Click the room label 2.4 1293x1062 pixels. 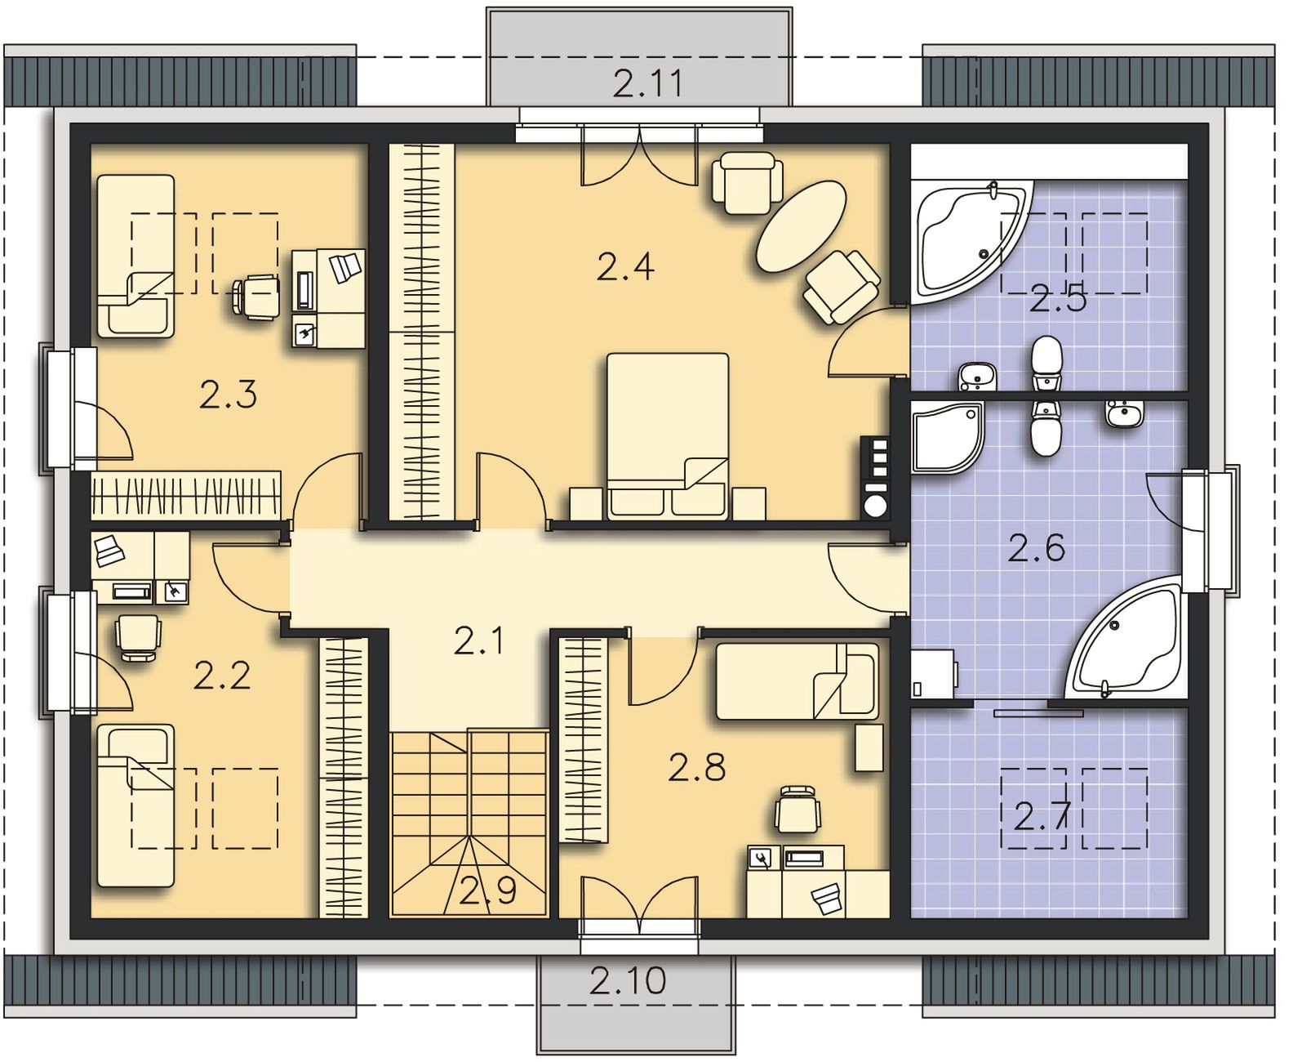[625, 267]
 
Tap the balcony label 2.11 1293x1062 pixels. [648, 83]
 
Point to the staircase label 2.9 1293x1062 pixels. [488, 890]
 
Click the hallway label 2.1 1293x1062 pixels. [479, 641]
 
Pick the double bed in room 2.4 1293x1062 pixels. [668, 436]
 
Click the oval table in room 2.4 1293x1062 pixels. [802, 225]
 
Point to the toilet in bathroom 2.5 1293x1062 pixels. [1046, 363]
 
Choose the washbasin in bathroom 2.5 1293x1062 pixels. [977, 376]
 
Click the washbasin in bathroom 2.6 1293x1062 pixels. [1125, 414]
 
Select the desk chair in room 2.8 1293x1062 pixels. [797, 810]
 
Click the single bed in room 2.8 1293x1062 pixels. [797, 681]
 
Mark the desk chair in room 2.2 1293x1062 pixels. [138, 637]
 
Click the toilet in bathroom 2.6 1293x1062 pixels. [1046, 427]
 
